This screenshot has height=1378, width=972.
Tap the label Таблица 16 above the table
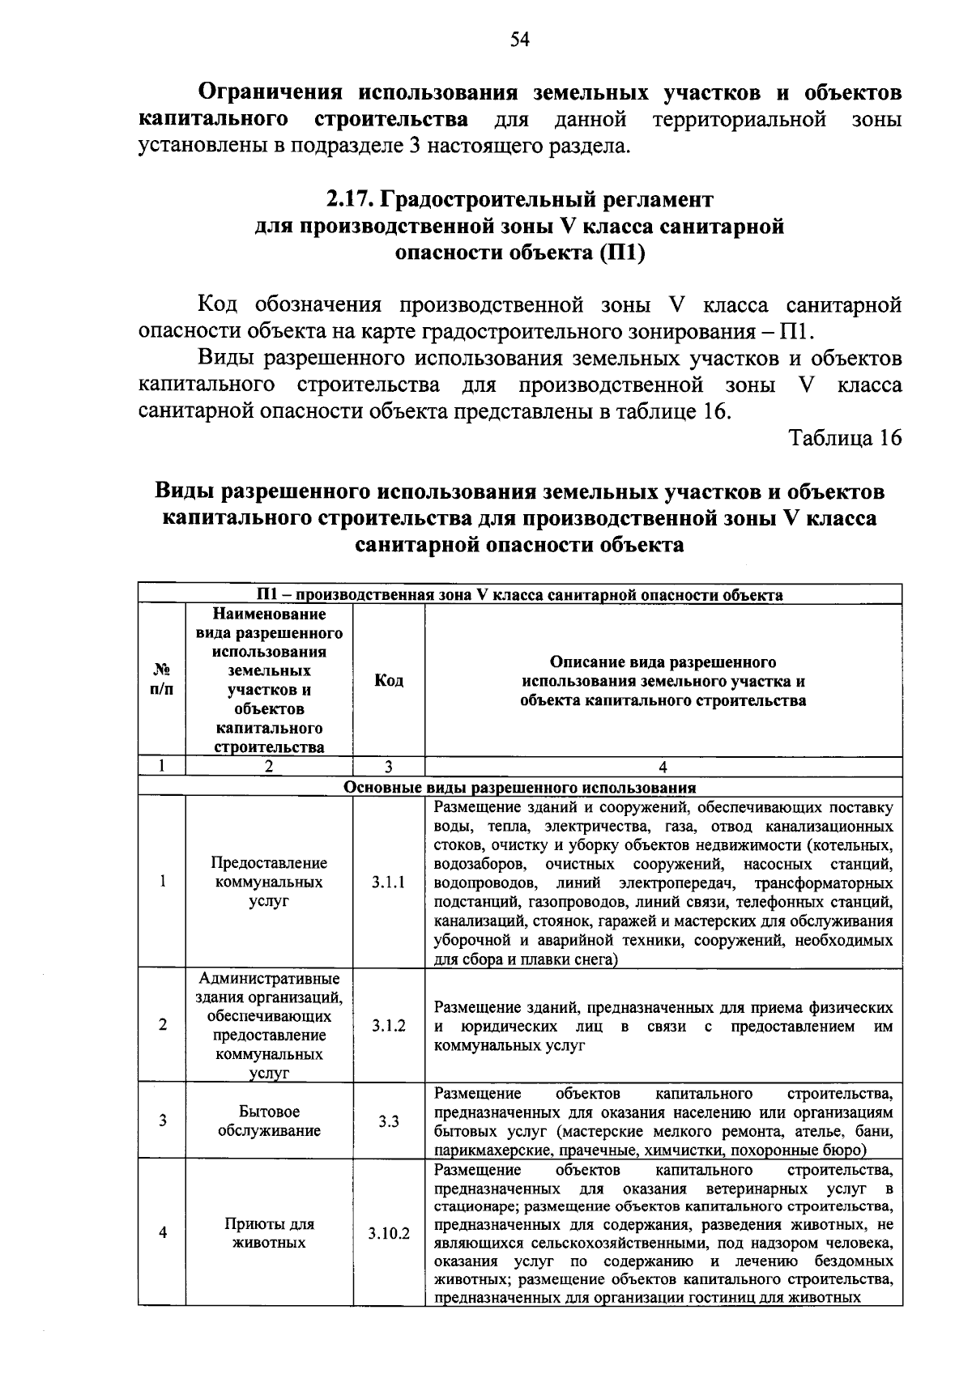point(845,438)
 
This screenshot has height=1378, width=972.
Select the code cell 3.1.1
point(389,882)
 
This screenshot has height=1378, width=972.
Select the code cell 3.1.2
point(389,1025)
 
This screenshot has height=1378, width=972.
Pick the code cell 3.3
point(389,1121)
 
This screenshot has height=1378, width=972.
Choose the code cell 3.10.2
point(389,1233)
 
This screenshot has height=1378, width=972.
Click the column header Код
point(389,681)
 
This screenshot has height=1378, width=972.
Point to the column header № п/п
point(162,680)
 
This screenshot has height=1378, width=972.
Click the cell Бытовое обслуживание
point(269,1121)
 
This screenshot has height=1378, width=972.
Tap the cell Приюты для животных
point(269,1233)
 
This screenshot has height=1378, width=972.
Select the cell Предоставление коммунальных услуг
point(269,882)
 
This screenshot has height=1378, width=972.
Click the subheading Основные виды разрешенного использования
point(520,787)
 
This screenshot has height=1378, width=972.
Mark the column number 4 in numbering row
point(663,767)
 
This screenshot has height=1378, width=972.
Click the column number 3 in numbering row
point(389,767)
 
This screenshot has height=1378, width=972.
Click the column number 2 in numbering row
point(269,767)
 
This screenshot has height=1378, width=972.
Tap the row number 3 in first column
point(163,1121)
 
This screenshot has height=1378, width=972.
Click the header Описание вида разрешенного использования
point(663,681)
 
